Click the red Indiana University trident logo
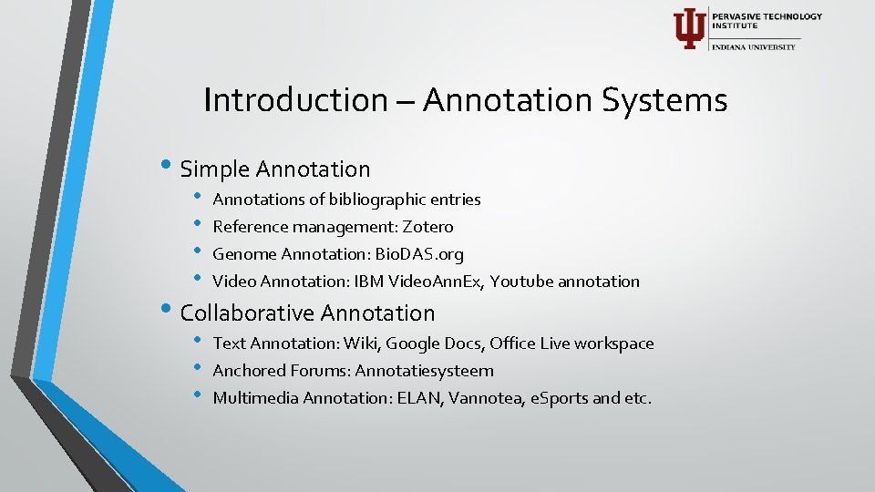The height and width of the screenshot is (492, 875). [x=688, y=28]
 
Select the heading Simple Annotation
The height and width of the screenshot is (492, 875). [x=275, y=169]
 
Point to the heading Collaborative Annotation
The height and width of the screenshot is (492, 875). [x=308, y=313]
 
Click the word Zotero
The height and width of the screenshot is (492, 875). [x=427, y=226]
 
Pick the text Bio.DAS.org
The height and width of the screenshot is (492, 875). [x=419, y=253]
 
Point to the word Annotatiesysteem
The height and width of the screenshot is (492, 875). [x=424, y=370]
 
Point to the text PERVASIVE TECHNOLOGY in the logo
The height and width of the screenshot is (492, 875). [x=767, y=16]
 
